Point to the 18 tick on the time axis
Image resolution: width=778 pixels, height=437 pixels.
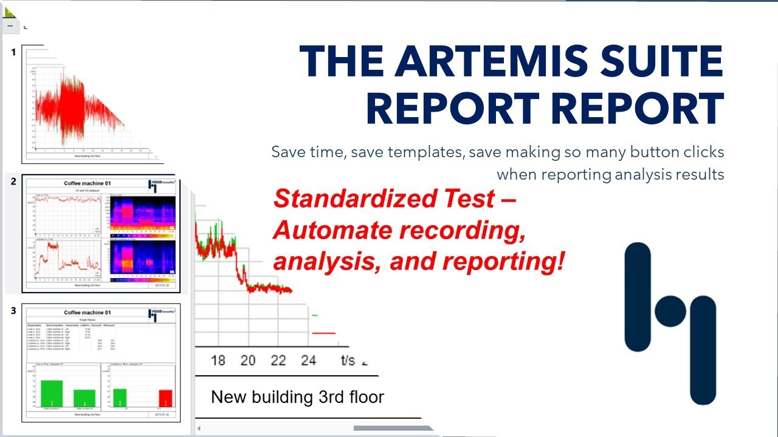click(x=218, y=360)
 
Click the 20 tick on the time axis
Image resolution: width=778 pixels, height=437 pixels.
click(x=247, y=360)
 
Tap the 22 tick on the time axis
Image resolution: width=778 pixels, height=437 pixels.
click(x=278, y=360)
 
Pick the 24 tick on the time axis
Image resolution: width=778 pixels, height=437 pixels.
click(x=308, y=360)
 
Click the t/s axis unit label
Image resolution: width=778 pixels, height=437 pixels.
click(x=347, y=360)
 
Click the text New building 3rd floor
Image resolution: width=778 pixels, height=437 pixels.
click(x=297, y=398)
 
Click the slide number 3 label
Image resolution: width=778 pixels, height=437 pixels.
click(x=13, y=311)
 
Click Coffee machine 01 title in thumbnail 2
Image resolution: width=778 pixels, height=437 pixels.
click(x=88, y=183)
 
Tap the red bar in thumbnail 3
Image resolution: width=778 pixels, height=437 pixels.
click(x=165, y=398)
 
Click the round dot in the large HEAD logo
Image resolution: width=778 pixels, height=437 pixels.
click(x=670, y=311)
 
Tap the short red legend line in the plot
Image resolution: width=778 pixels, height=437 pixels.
click(x=323, y=333)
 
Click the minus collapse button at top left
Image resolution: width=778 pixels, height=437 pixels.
click(x=10, y=26)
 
